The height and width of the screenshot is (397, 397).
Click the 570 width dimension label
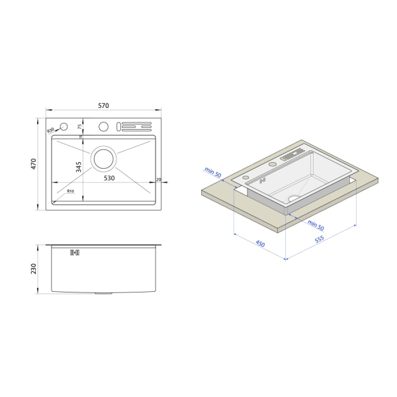[x=104, y=105]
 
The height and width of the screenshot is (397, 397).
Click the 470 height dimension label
[x=34, y=164]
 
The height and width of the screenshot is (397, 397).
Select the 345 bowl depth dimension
[x=79, y=167]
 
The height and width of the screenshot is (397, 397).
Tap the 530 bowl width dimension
[x=109, y=178]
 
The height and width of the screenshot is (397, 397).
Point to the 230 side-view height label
[x=34, y=269]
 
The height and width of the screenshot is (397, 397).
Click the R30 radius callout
[x=51, y=130]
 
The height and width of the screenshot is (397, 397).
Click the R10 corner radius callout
[x=71, y=191]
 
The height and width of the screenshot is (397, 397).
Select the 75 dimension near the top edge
[x=79, y=126]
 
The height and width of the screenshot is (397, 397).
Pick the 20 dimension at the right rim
[x=159, y=179]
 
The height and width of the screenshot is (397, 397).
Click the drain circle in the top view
[x=104, y=159]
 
